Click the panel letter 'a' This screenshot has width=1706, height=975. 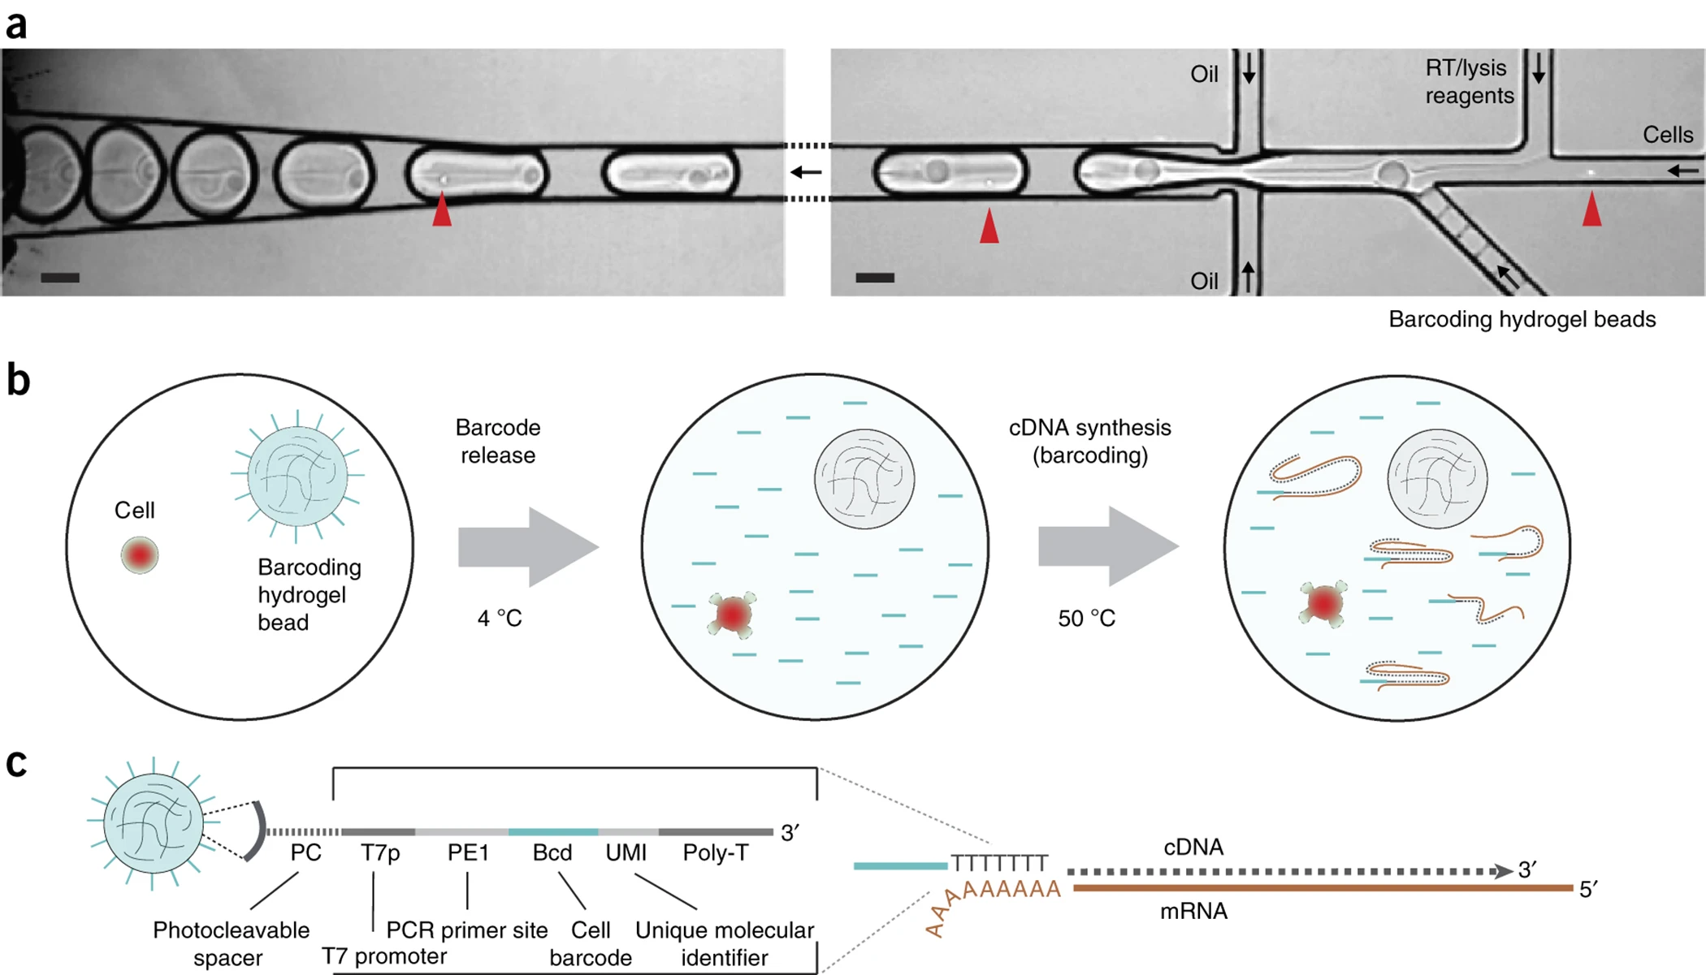[x=16, y=24]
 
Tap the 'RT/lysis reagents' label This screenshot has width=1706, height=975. [x=1469, y=82]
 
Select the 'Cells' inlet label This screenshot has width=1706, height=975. [x=1667, y=135]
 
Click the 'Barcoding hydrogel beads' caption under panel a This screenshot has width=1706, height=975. [x=1522, y=319]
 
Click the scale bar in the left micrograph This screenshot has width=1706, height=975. [x=60, y=278]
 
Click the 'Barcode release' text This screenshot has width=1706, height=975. [x=498, y=441]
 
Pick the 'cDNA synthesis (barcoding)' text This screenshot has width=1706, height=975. [x=1089, y=441]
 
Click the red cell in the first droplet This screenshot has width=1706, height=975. [x=140, y=555]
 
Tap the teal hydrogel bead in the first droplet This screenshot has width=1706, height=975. [x=297, y=477]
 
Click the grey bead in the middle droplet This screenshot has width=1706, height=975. [x=864, y=479]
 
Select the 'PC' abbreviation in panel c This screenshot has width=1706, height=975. [x=305, y=853]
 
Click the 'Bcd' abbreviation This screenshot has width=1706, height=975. [x=552, y=853]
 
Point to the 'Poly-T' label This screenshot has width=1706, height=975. [x=715, y=853]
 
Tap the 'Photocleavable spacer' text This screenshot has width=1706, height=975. [x=231, y=943]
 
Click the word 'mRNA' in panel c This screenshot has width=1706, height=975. [x=1193, y=912]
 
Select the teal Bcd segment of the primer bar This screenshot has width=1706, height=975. [x=553, y=832]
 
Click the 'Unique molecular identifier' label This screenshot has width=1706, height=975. [x=724, y=943]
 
